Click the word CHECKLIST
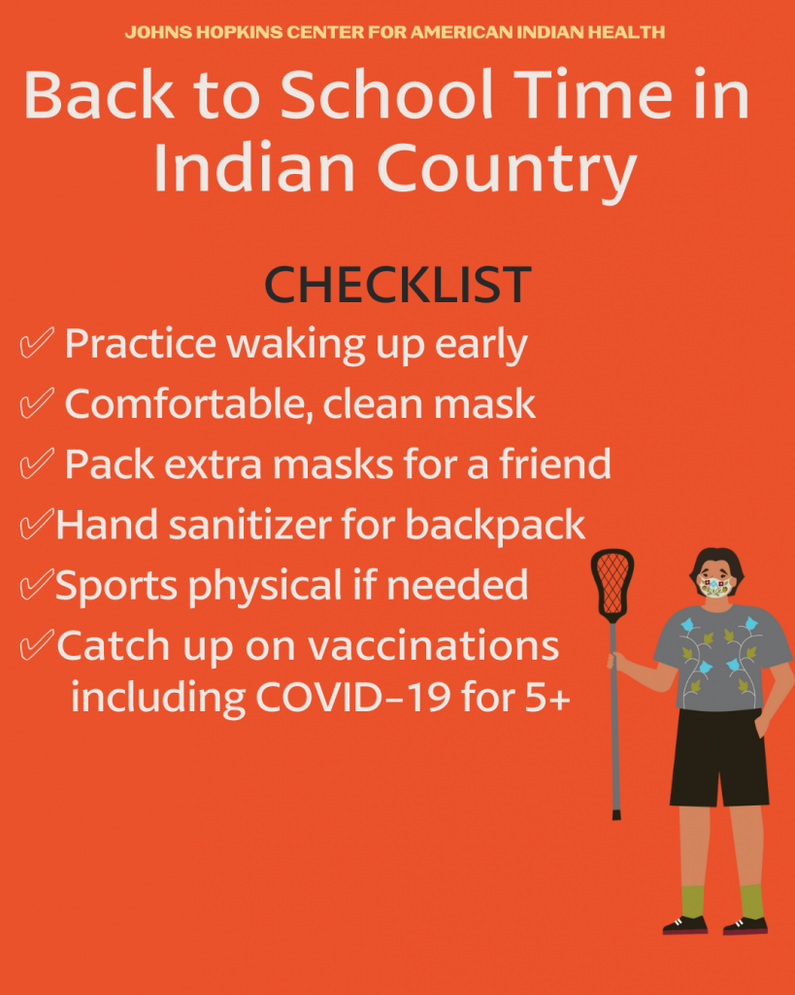(x=398, y=285)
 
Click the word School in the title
(x=386, y=94)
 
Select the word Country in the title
(x=507, y=170)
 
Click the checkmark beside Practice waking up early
(x=36, y=343)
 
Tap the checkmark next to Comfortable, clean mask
(x=36, y=403)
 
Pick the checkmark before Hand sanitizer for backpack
(x=36, y=524)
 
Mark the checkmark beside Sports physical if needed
(x=36, y=585)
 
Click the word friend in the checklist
(x=555, y=463)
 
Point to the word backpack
(x=495, y=526)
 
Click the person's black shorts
(x=719, y=758)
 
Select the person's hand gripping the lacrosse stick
(x=613, y=661)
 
